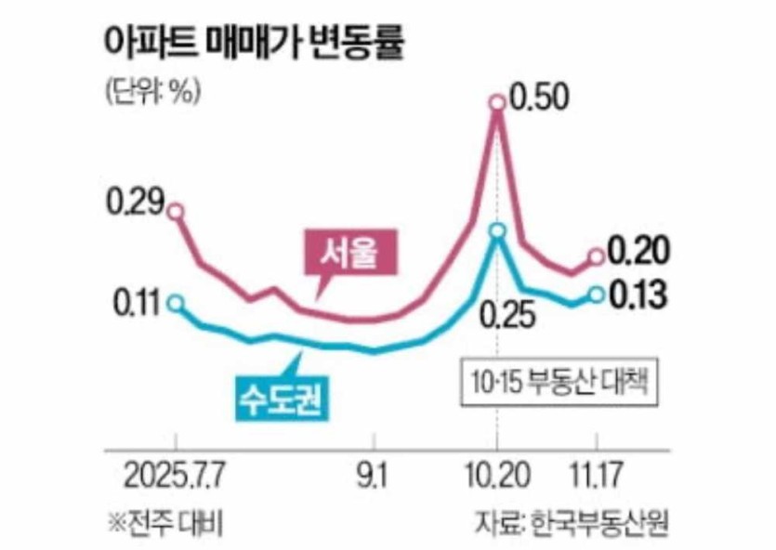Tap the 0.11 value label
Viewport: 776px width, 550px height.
[137, 303]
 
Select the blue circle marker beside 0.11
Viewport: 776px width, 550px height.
[177, 303]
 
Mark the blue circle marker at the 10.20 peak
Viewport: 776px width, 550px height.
[498, 231]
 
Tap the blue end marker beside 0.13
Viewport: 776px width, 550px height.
[596, 295]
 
